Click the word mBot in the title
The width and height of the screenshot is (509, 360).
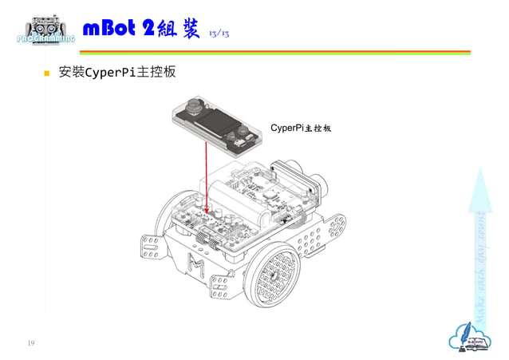[109, 30]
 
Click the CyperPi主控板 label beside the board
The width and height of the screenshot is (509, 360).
[301, 128]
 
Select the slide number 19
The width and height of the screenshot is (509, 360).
[31, 343]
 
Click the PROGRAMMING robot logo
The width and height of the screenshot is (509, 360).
[46, 30]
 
